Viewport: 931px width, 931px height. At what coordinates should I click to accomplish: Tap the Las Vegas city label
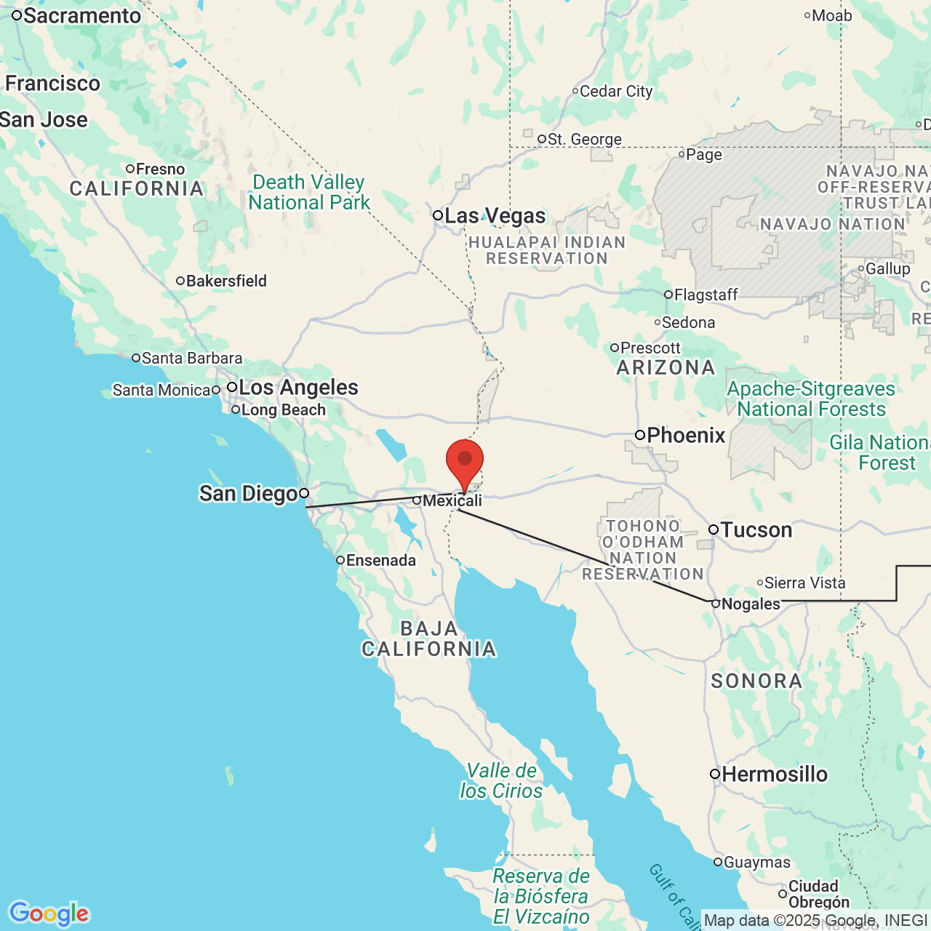tap(495, 216)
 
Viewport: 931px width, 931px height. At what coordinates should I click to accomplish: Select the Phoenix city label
tap(685, 436)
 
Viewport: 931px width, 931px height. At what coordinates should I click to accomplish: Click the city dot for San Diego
tap(304, 493)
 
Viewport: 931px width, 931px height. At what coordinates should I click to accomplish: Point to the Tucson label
tap(756, 530)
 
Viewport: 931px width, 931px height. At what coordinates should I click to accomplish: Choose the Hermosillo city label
tap(774, 775)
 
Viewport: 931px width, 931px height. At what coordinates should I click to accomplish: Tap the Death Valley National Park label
tap(309, 192)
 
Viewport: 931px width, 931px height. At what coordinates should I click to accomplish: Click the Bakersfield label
tap(226, 281)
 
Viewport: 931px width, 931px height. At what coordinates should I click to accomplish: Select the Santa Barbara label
tap(191, 358)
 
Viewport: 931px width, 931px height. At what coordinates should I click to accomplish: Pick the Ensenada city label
tap(380, 560)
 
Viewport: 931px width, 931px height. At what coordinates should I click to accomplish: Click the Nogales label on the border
tap(750, 604)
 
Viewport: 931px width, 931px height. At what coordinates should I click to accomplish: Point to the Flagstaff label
tap(706, 295)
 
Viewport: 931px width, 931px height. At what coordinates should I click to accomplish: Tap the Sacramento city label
tap(81, 15)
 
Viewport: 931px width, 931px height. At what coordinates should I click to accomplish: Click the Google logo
tap(49, 914)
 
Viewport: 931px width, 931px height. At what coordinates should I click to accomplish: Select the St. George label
tap(584, 139)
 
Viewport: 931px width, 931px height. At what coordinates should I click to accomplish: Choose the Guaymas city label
tap(756, 862)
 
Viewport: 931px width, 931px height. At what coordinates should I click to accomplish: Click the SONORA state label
tap(756, 681)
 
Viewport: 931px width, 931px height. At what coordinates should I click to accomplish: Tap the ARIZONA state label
tap(666, 368)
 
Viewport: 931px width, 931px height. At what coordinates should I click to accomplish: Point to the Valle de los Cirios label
tap(501, 780)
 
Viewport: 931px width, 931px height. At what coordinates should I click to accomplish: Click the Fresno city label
tap(160, 169)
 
